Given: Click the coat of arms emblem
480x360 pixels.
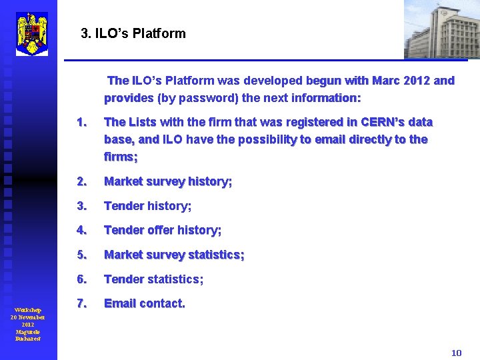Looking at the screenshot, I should coord(32,33).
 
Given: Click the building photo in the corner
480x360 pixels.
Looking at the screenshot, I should coord(441,29).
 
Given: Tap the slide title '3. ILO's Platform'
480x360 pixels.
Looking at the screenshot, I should coord(133,33).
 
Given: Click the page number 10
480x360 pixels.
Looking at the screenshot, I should coord(456,353).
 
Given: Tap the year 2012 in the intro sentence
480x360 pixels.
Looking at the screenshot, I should coord(413,81).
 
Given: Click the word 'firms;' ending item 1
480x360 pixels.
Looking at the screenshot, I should coord(121,157).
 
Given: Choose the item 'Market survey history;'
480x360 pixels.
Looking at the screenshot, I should coord(168,181).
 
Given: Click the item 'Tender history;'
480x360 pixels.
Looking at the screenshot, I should coord(147,206).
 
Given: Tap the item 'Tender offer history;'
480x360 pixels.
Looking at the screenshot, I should coord(163,230).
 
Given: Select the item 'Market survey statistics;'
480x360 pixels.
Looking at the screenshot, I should coord(174,255).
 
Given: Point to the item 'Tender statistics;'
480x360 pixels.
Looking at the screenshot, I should coord(153,279).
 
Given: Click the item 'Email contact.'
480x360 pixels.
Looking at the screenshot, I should coord(145,303).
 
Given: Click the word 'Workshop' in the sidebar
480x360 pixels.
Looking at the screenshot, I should coord(28,310).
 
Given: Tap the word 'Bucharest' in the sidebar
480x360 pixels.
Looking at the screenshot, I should coord(28,339).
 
